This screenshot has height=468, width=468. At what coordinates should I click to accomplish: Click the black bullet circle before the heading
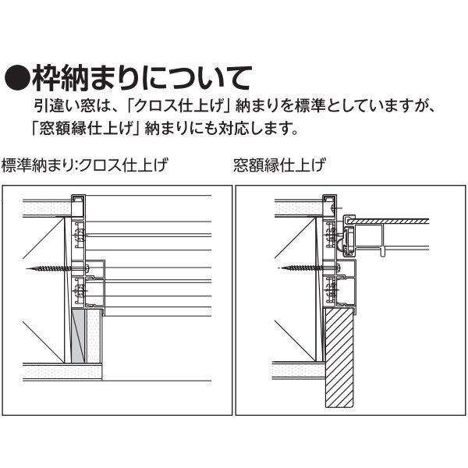tap(18, 79)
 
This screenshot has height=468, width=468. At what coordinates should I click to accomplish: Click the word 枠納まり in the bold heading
tap(87, 79)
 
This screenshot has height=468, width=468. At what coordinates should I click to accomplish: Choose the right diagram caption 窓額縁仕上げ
tap(279, 165)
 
